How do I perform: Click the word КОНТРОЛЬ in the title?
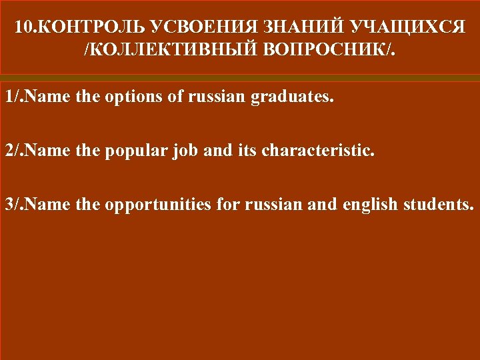tap(73, 29)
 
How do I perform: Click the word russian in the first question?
tap(217, 99)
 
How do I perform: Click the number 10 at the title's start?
tap(21, 29)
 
